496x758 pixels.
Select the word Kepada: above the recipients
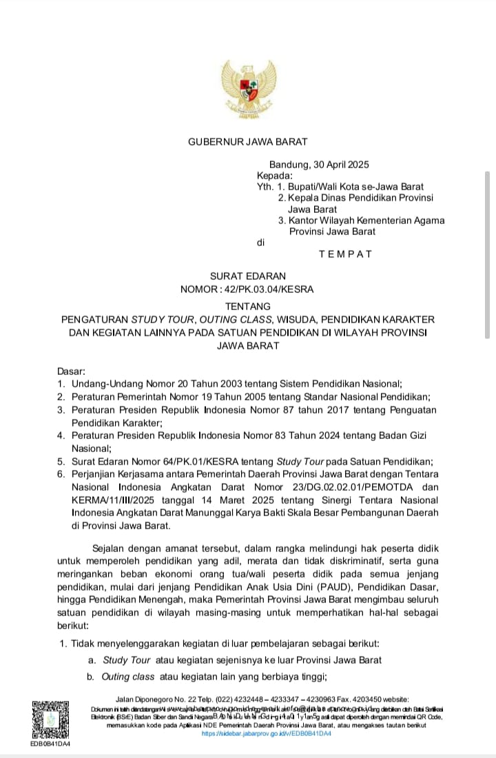(276, 176)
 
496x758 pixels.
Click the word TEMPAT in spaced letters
(345, 254)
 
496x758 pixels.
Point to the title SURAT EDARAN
(247, 276)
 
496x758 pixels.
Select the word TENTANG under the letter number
(247, 305)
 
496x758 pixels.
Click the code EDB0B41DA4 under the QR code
(50, 744)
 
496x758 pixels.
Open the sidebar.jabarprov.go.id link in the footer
(267, 735)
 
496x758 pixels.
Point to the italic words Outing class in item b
(128, 676)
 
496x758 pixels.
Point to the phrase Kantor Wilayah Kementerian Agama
(366, 221)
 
